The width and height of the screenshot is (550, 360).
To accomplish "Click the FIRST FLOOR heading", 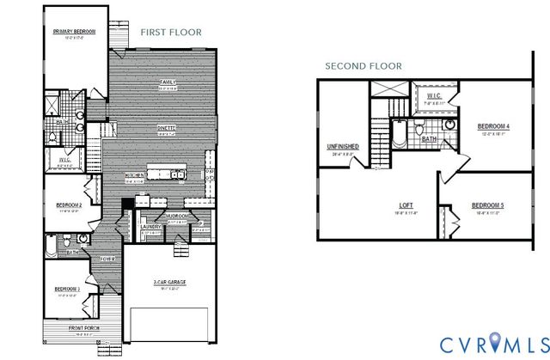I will click(x=171, y=32).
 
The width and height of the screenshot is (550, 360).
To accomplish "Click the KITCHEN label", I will click(x=133, y=175).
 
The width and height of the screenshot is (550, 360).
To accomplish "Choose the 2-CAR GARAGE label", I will click(x=170, y=282).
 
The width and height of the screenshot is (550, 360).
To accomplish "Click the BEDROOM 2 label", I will click(x=68, y=205).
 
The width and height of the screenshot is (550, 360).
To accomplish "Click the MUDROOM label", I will click(x=179, y=217).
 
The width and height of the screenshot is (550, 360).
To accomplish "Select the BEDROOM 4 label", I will click(x=493, y=127).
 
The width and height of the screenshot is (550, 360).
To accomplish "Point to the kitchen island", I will click(x=167, y=174).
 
